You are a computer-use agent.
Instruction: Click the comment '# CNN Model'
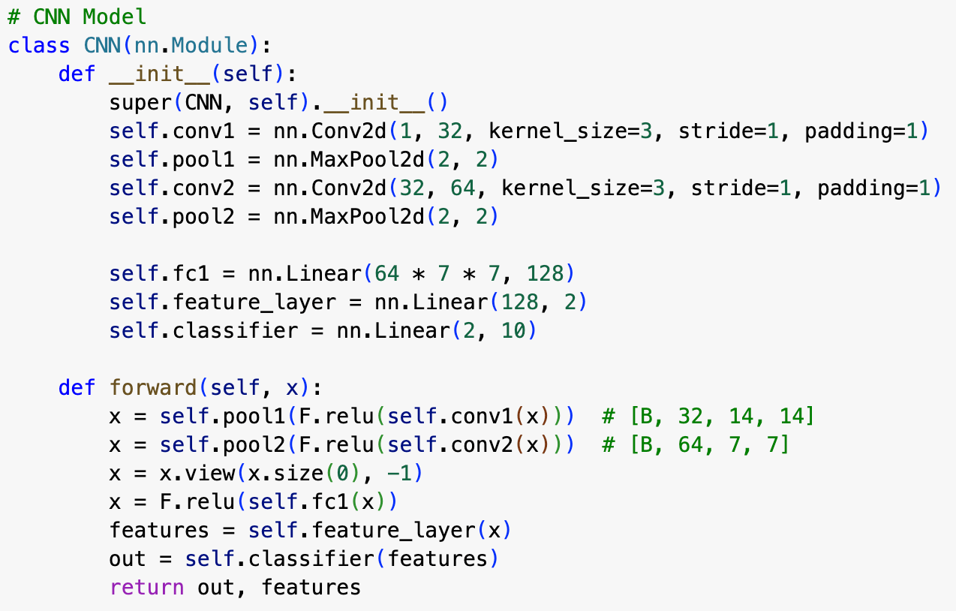tap(77, 17)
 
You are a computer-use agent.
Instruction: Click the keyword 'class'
tap(39, 46)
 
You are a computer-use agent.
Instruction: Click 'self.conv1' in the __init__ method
tap(172, 131)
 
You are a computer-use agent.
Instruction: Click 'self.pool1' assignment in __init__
tap(172, 160)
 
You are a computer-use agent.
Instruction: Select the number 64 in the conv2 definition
tap(464, 188)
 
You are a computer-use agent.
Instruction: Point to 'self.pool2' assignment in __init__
tap(172, 217)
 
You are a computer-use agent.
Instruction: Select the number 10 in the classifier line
tap(514, 331)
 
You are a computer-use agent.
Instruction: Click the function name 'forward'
tap(153, 388)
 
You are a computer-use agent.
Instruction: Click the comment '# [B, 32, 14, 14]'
tap(708, 417)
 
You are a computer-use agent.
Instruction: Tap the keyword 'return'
tap(146, 587)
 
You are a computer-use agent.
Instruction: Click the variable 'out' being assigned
tap(128, 558)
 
